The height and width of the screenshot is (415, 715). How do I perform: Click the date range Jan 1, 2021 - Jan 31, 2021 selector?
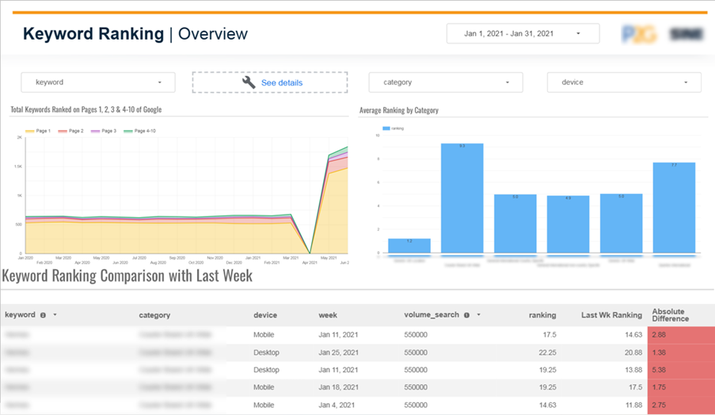(522, 33)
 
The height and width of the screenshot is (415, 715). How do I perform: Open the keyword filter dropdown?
(97, 82)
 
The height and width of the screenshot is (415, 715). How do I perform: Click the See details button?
(270, 82)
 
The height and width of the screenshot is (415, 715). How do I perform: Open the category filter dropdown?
(445, 82)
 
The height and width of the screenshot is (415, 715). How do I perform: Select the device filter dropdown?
(623, 82)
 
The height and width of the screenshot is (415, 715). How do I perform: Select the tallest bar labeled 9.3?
(462, 198)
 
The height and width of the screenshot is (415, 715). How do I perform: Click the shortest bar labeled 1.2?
(409, 246)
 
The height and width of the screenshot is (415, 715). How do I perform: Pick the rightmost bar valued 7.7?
(674, 207)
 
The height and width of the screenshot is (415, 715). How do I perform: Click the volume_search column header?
(432, 314)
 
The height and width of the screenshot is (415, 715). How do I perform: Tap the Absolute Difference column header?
(670, 314)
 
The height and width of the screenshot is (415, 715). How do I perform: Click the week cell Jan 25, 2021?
(340, 352)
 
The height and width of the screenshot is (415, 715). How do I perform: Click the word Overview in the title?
(213, 34)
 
